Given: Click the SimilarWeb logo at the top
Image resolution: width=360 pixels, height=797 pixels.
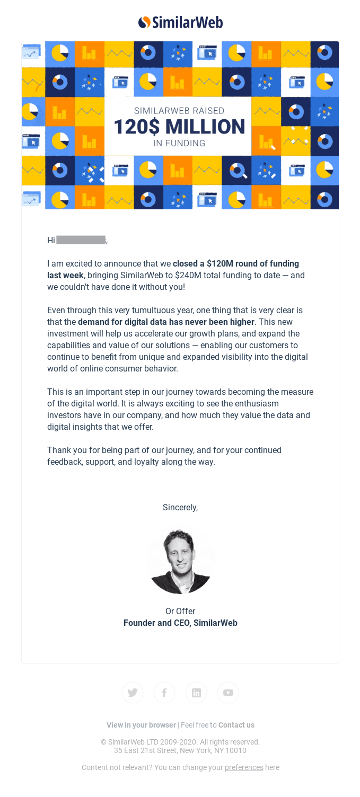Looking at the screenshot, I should (x=180, y=22).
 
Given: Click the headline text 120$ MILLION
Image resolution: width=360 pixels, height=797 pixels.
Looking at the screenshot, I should (x=179, y=127).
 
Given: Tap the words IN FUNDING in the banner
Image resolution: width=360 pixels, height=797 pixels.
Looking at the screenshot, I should (x=179, y=143).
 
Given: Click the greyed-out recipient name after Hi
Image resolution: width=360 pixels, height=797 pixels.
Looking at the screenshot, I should (x=81, y=240).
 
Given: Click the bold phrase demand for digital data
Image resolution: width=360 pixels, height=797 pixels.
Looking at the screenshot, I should (x=166, y=322).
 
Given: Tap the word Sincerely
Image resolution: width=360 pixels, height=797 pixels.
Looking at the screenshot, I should (x=180, y=507).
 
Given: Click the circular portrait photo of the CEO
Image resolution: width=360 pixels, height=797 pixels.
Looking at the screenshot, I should (x=180, y=560).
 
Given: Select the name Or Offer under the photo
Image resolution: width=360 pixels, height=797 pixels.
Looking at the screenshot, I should (x=180, y=611).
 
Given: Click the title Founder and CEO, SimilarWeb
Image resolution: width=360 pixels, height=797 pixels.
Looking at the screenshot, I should (x=180, y=623).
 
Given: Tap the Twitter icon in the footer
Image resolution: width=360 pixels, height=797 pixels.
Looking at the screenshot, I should (x=133, y=693).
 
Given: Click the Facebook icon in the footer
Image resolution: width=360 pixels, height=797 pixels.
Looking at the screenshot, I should (x=164, y=693).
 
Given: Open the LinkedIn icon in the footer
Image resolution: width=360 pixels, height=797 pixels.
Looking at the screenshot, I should (x=196, y=693).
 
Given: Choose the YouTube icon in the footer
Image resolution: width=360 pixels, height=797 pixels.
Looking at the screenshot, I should (x=228, y=693).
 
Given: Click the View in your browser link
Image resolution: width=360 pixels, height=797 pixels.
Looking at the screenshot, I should (x=141, y=725).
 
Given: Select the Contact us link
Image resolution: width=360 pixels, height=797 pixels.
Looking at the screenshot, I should (x=236, y=725).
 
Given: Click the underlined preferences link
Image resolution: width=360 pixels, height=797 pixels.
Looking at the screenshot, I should (x=244, y=767).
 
